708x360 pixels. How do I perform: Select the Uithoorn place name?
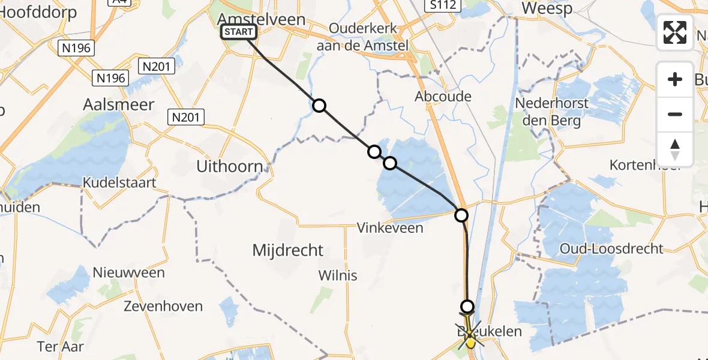[x=230, y=166]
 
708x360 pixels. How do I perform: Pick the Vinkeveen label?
[x=390, y=228]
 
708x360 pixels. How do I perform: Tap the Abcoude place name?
[x=443, y=96]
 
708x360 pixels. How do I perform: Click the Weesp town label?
[x=547, y=8]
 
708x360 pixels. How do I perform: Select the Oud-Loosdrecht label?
[x=611, y=248]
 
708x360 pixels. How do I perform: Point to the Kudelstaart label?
[x=119, y=182]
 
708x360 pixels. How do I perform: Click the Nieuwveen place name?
[x=128, y=272]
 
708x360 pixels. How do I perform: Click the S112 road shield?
[x=442, y=6]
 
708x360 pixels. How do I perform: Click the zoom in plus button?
[x=675, y=79]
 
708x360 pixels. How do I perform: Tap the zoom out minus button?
[x=675, y=114]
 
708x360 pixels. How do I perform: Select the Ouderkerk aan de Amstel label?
[x=368, y=37]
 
